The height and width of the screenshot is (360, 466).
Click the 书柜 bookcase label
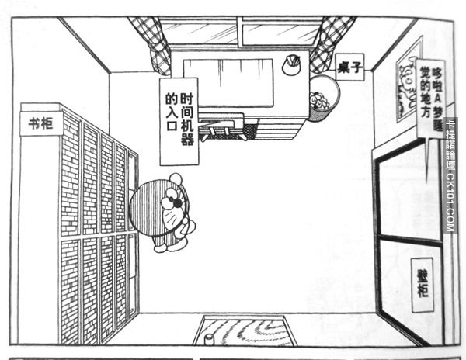41,123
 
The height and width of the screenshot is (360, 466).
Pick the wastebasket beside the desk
322,98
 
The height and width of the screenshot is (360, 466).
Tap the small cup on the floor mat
210,339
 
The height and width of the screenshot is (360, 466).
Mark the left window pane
198,32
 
